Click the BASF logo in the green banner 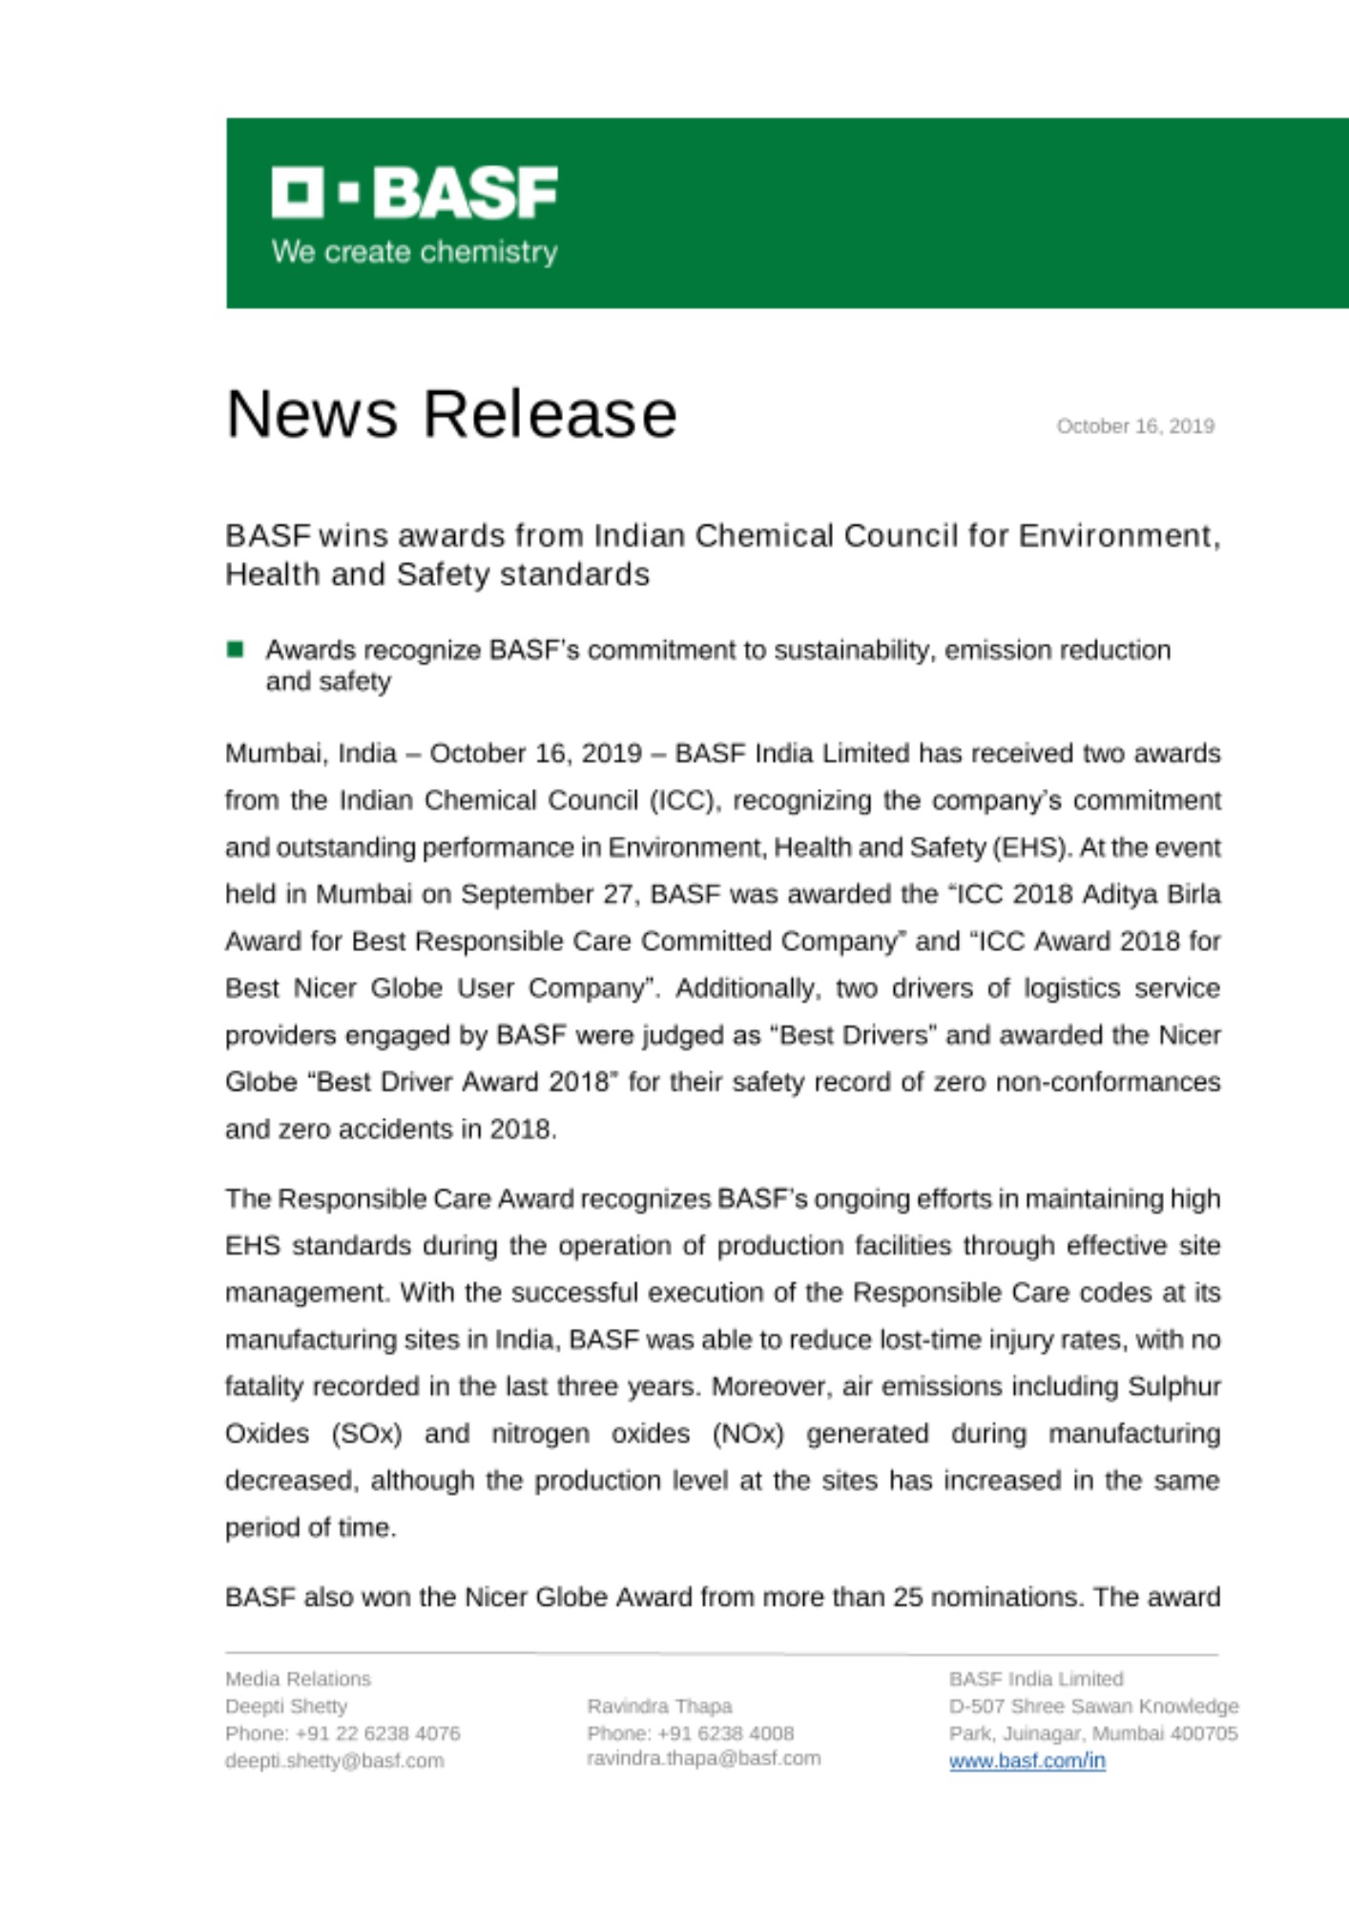pyautogui.click(x=414, y=193)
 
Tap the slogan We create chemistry pyautogui.click(x=414, y=252)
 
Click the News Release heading pyautogui.click(x=451, y=414)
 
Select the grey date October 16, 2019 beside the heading pyautogui.click(x=1134, y=426)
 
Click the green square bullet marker pyautogui.click(x=235, y=650)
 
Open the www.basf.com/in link pyautogui.click(x=1027, y=1760)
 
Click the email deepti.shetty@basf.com pyautogui.click(x=334, y=1760)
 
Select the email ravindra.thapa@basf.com pyautogui.click(x=703, y=1757)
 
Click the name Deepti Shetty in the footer pyautogui.click(x=286, y=1706)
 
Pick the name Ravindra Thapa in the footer pyautogui.click(x=659, y=1706)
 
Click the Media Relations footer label pyautogui.click(x=298, y=1679)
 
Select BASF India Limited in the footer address pyautogui.click(x=1036, y=1679)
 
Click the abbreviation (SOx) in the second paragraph pyautogui.click(x=366, y=1434)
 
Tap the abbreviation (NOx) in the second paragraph pyautogui.click(x=747, y=1434)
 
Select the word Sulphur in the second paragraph pyautogui.click(x=1173, y=1386)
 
